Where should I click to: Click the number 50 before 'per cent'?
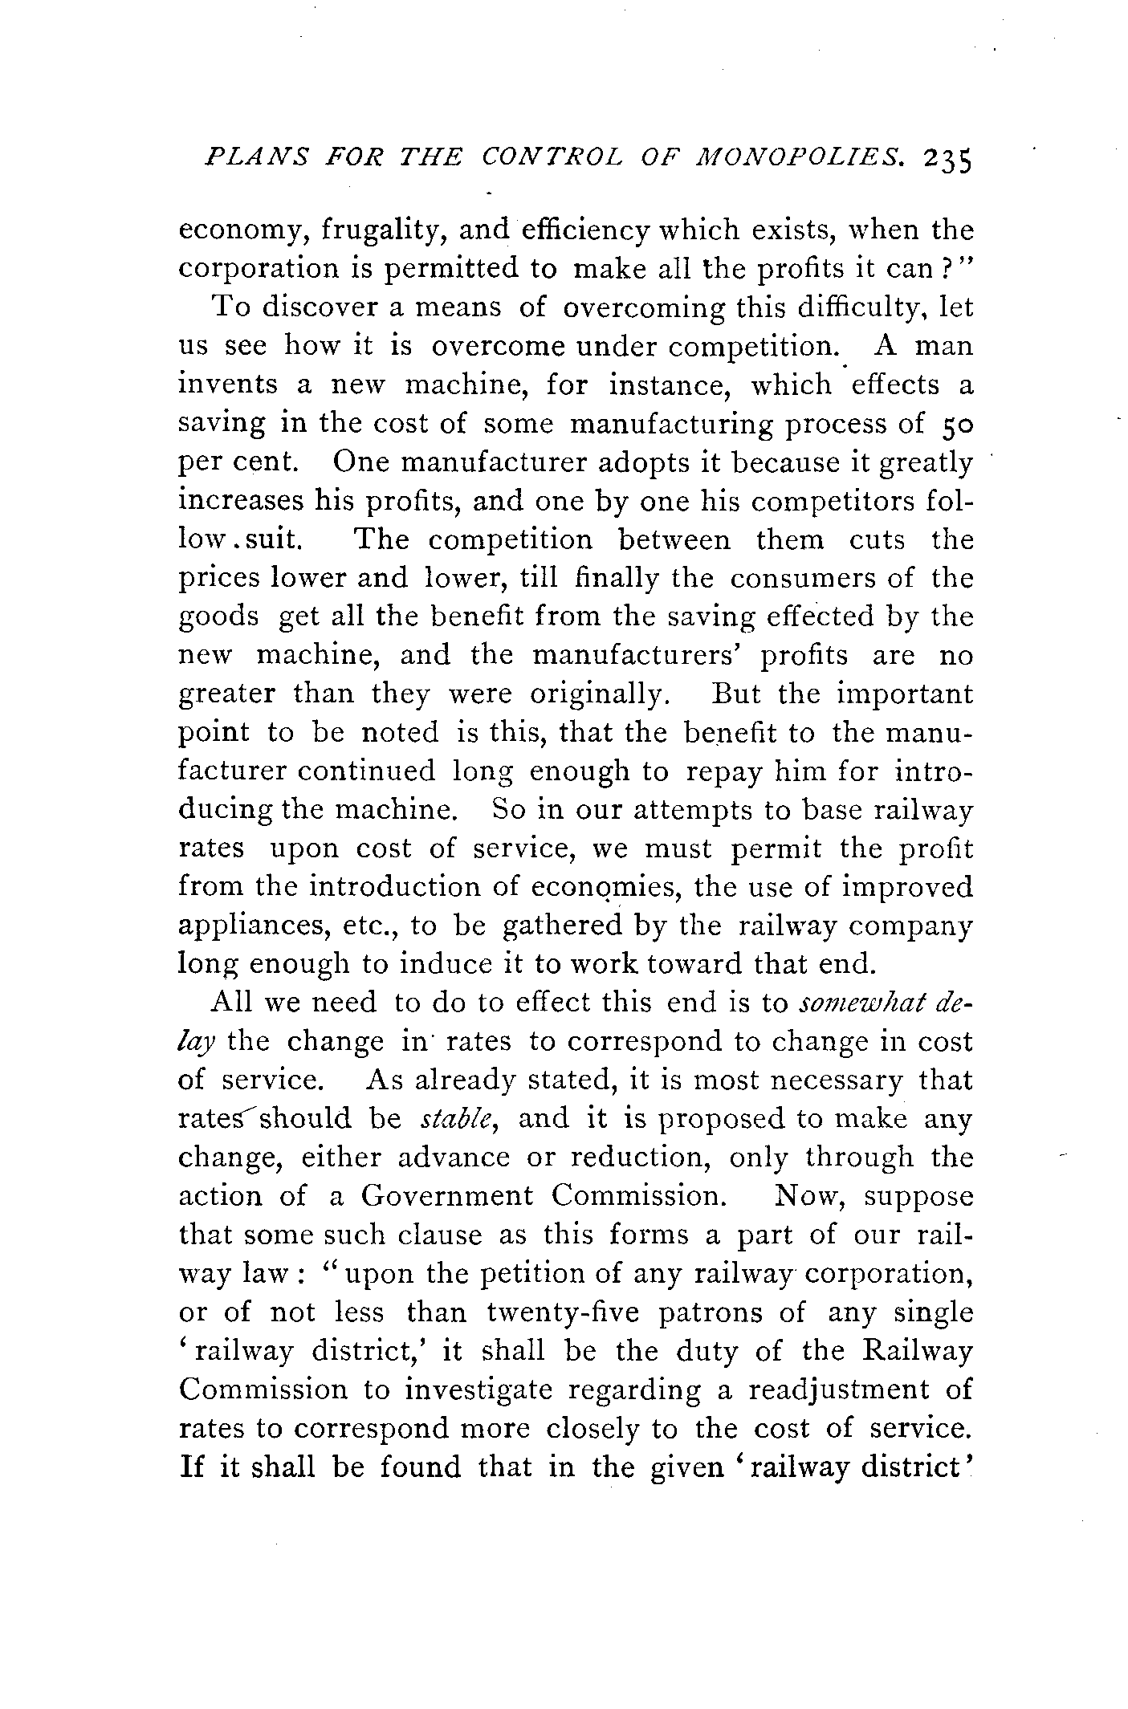point(955,424)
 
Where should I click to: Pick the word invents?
point(227,385)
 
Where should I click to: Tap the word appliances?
point(246,926)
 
